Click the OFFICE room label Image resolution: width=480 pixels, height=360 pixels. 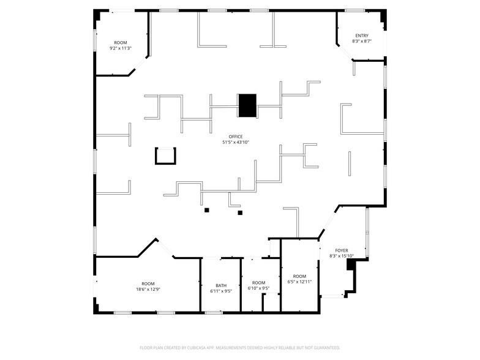(236, 137)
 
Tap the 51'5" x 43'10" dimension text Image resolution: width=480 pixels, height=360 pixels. (236, 142)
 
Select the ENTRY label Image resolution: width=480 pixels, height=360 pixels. (362, 36)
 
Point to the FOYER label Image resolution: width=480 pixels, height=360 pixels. (342, 250)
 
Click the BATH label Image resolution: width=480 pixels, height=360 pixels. (221, 285)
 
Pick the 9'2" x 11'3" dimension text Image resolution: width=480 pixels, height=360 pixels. (121, 48)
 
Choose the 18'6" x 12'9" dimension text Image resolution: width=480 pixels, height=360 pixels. (148, 289)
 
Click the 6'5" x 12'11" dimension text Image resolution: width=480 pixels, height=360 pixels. (299, 282)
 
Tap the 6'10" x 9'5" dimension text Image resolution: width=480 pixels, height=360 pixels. (259, 288)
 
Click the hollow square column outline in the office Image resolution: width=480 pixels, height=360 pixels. (165, 156)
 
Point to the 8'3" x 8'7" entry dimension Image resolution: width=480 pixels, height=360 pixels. (362, 41)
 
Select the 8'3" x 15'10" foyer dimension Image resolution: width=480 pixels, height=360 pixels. (342, 256)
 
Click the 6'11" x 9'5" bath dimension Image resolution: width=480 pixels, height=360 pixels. (221, 291)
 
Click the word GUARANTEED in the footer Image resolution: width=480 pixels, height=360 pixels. (324, 347)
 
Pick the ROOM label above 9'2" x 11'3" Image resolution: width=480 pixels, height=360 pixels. (121, 42)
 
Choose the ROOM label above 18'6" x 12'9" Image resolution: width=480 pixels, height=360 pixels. (148, 283)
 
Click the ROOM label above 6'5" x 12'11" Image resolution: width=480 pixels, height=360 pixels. (299, 276)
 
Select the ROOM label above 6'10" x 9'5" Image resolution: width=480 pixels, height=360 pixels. (259, 283)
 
